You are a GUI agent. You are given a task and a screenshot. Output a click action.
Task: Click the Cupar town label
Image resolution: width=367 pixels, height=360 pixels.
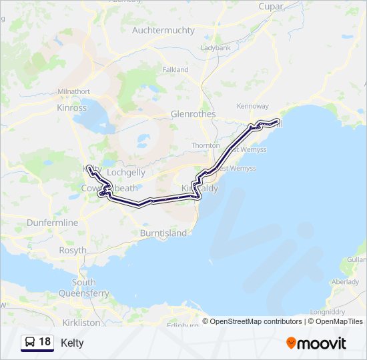272,7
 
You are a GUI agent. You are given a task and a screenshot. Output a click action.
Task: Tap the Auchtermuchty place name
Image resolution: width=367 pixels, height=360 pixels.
163,31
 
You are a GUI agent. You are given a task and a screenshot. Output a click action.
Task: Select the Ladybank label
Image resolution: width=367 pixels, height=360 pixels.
215,48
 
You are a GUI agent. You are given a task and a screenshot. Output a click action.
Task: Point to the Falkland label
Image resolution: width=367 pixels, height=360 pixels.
175,69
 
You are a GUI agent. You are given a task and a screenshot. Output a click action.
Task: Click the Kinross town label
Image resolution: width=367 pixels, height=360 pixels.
72,107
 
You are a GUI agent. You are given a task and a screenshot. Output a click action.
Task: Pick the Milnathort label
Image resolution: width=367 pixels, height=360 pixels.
73,91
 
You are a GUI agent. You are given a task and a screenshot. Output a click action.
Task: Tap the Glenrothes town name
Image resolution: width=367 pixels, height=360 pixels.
194,114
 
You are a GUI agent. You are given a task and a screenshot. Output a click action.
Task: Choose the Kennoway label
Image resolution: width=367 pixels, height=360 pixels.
253,106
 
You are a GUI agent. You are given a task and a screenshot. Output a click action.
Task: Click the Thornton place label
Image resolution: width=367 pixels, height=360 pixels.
206,145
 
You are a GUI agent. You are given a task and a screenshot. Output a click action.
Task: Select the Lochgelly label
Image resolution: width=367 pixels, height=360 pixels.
126,172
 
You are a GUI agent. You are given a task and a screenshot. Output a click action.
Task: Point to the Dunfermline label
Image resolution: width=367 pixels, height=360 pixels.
53,223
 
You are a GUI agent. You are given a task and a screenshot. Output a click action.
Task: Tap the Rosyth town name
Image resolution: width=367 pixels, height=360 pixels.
73,251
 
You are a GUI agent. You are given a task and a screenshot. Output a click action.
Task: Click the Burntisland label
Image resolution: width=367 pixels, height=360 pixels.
163,233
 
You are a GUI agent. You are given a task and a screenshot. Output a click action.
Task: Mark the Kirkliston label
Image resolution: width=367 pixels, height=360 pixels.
81,323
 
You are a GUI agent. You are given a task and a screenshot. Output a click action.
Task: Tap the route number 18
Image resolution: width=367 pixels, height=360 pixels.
45,342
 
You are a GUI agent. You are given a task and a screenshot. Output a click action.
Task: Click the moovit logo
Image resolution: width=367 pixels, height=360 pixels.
316,343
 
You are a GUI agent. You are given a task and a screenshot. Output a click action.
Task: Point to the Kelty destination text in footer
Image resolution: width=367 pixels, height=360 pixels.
72,343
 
